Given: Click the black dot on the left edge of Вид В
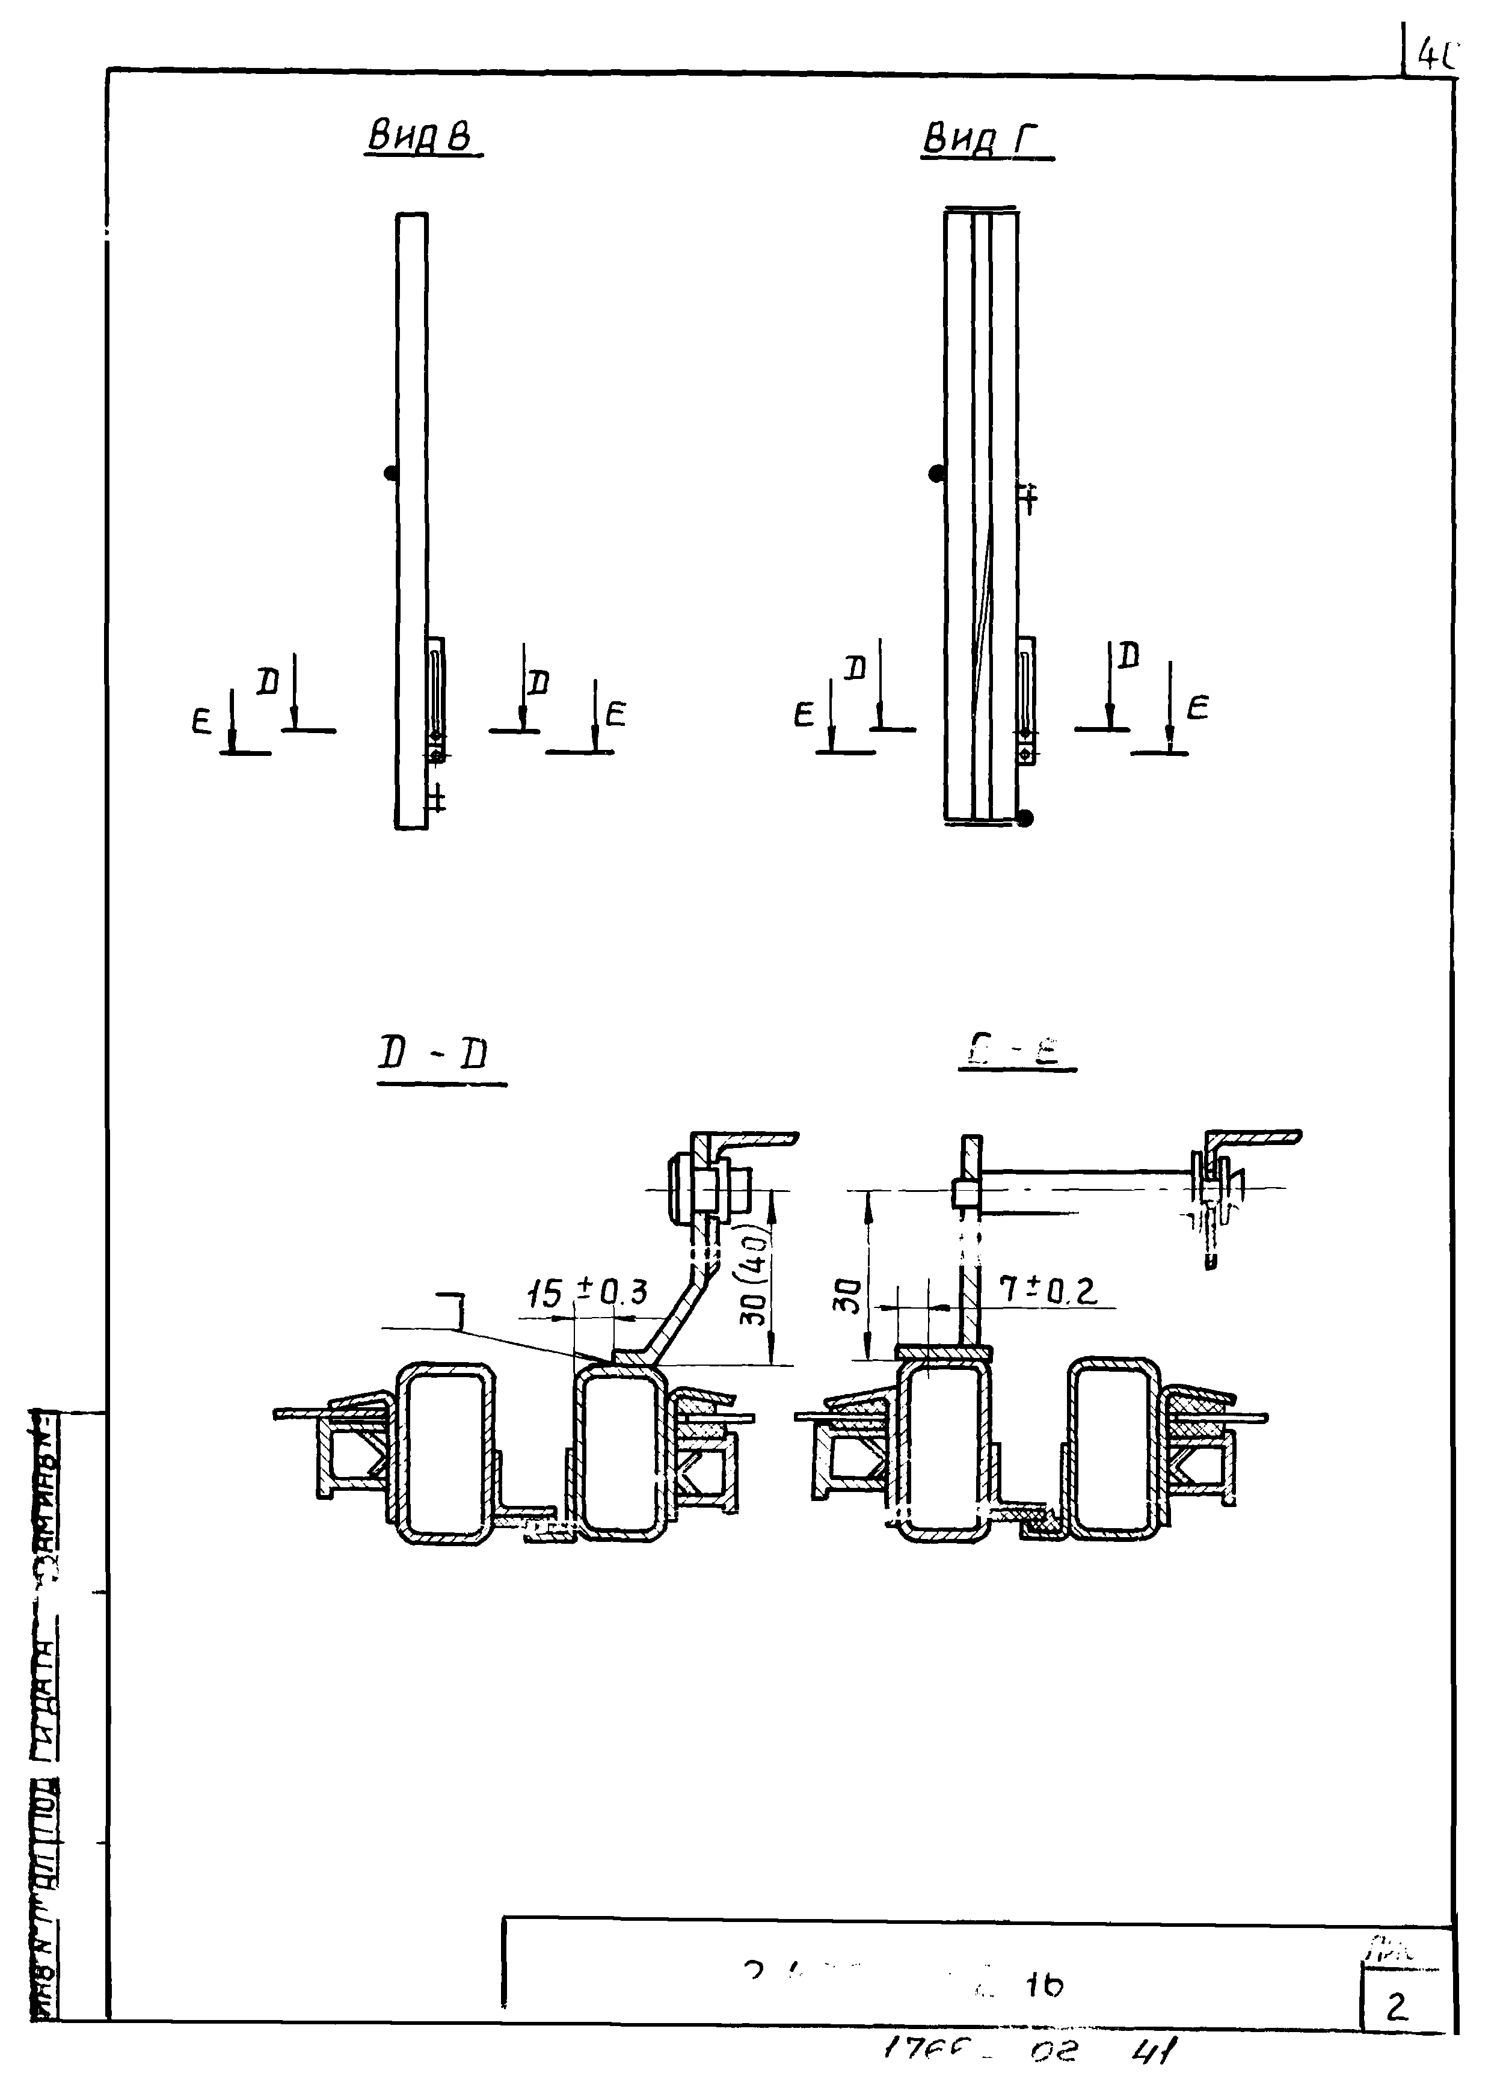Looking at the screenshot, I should point(390,473).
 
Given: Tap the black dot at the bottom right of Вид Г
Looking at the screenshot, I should point(1027,817).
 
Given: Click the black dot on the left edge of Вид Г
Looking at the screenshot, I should point(936,474).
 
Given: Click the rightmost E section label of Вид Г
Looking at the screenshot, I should point(1197,707).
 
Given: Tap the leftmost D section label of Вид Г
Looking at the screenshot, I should point(856,668).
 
